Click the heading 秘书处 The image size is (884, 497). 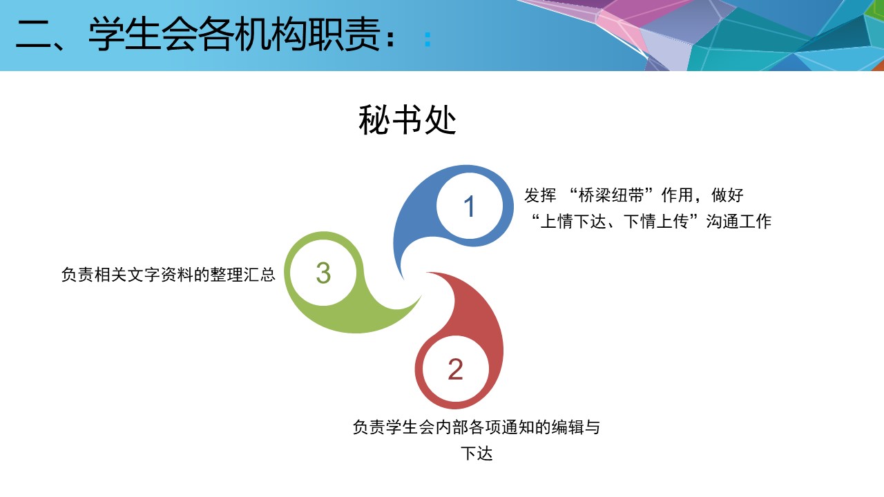tap(407, 120)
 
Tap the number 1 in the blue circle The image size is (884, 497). tap(469, 206)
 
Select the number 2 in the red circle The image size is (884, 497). tap(455, 369)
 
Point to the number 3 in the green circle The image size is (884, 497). tap(323, 273)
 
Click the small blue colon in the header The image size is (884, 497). tap(427, 40)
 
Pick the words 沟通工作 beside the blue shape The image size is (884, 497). tap(739, 222)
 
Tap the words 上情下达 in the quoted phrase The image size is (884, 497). tap(573, 222)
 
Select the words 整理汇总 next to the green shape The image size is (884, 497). tap(242, 275)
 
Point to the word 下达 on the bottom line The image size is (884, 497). tap(477, 454)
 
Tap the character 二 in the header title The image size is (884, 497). tap(33, 35)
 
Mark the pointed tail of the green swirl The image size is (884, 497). tap(421, 296)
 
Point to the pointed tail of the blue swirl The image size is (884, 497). tap(403, 278)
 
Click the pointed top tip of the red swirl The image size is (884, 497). tap(427, 273)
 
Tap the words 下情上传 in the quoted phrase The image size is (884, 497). tap(656, 222)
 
